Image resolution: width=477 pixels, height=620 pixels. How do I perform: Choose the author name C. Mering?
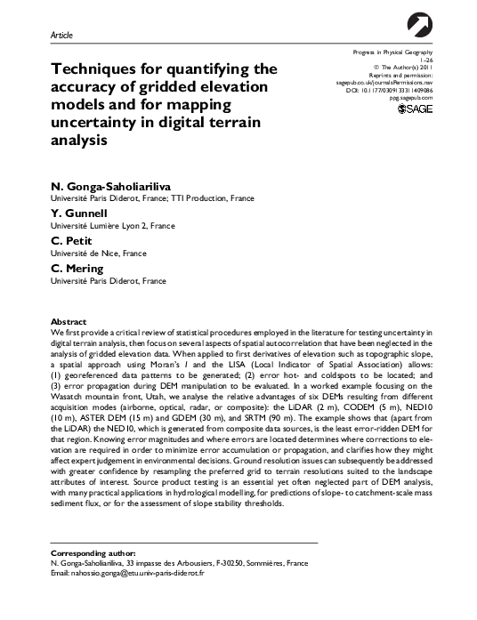click(x=70, y=269)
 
